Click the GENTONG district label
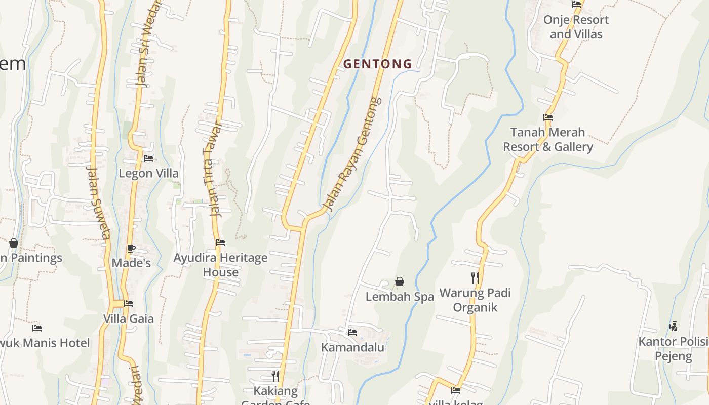pos(377,64)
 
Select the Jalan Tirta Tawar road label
pos(214,169)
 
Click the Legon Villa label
pos(148,173)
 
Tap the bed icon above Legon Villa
pos(148,158)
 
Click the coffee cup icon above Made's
pos(131,248)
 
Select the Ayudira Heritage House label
pos(220,265)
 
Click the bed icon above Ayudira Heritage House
pos(220,242)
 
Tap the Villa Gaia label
pos(128,319)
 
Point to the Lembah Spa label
pos(400,297)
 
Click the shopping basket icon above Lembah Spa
pos(400,281)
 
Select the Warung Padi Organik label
pos(475,300)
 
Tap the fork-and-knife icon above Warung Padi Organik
pos(475,277)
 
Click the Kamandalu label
pos(352,348)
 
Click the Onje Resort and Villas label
pos(576,27)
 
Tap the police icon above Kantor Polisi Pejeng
pos(673,327)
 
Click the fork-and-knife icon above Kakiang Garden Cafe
pos(275,376)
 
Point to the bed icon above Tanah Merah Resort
pos(547,117)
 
